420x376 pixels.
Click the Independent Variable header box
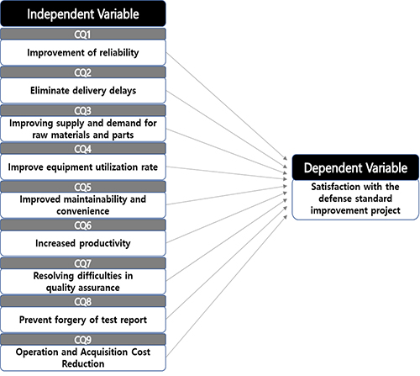(x=83, y=13)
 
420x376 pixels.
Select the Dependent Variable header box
(x=355, y=167)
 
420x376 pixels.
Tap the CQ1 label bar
(x=83, y=34)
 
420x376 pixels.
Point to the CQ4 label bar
(x=83, y=149)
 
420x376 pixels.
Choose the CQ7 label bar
(x=83, y=263)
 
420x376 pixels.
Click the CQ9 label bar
(x=83, y=340)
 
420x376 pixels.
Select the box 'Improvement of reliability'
(x=83, y=52)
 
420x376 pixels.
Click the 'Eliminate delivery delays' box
(x=83, y=91)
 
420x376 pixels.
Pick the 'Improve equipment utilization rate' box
(x=83, y=167)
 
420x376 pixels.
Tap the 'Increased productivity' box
(x=83, y=243)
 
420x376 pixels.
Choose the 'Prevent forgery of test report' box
(x=83, y=320)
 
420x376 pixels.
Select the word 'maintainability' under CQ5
(x=96, y=199)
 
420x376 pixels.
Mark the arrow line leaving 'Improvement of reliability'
(x=227, y=106)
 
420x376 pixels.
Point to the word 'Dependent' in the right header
(x=326, y=168)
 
